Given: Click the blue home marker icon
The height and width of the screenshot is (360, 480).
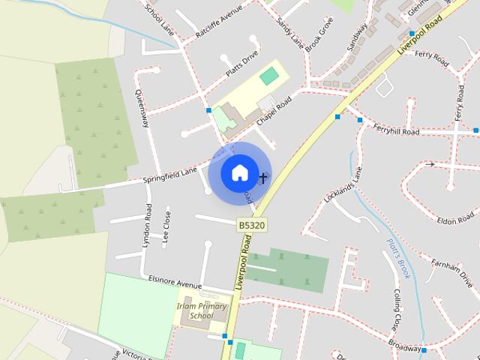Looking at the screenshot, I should pyautogui.click(x=239, y=173).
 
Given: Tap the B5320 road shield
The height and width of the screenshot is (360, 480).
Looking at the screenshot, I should pyautogui.click(x=252, y=224).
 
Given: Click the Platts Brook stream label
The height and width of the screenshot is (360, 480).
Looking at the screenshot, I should pyautogui.click(x=397, y=259).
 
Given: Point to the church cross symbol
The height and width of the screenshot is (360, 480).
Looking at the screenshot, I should pyautogui.click(x=262, y=178).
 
